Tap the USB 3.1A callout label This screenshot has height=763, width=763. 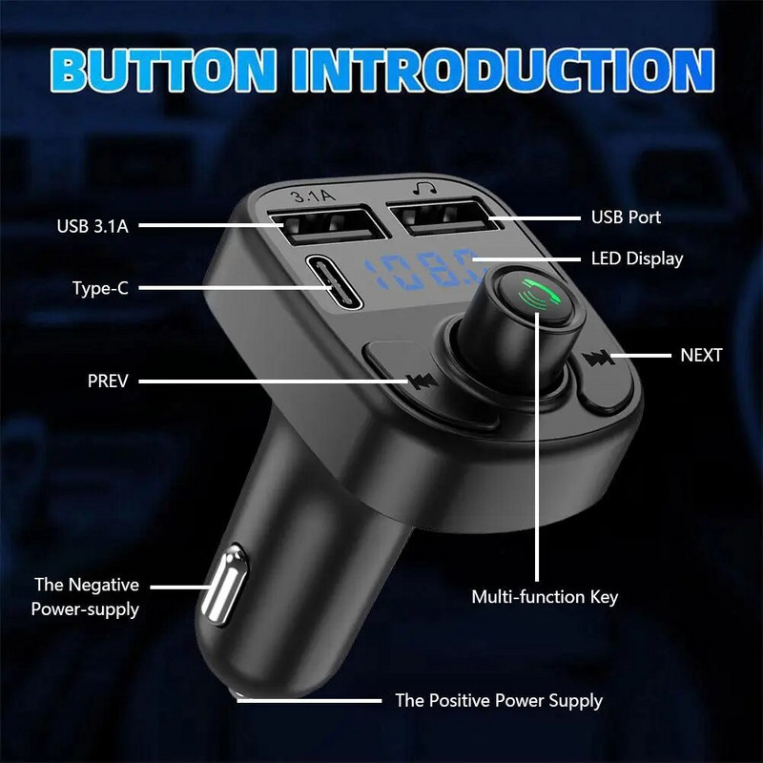pyautogui.click(x=92, y=226)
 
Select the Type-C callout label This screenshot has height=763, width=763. pyautogui.click(x=99, y=287)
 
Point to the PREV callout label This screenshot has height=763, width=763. pyautogui.click(x=108, y=381)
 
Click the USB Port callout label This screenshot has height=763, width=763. pyautogui.click(x=625, y=217)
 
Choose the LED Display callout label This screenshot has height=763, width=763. pyautogui.click(x=636, y=258)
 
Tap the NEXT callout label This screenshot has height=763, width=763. pyautogui.click(x=701, y=356)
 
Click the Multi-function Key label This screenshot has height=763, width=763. pyautogui.click(x=545, y=597)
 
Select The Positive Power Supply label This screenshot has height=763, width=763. pyautogui.click(x=499, y=701)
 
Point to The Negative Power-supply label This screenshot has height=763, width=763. pyautogui.click(x=86, y=596)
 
